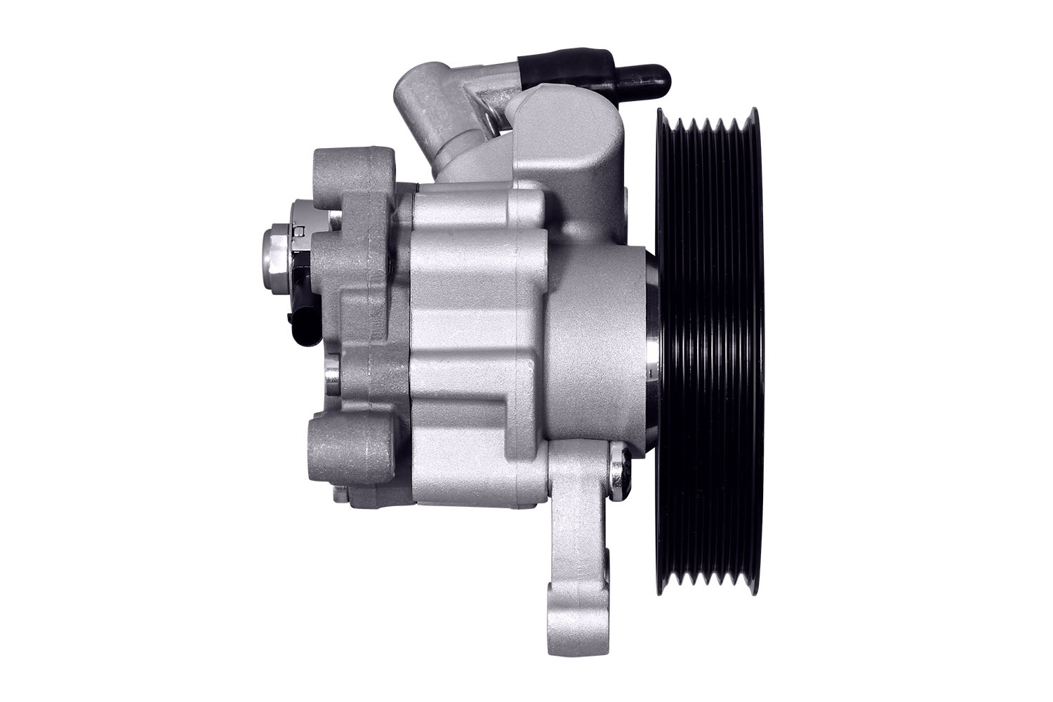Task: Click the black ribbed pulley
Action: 709,351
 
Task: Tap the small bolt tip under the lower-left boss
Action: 340,495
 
